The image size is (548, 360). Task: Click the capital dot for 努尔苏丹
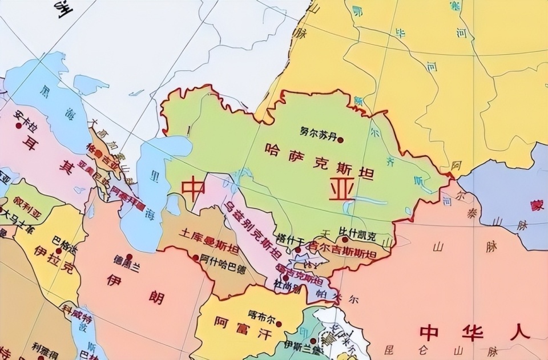click(341, 139)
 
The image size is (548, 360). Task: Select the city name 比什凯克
click(357, 236)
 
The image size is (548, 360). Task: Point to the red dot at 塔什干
click(297, 249)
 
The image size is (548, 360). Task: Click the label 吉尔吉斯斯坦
click(343, 252)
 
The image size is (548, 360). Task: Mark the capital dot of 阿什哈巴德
click(196, 258)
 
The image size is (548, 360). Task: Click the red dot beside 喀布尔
click(279, 323)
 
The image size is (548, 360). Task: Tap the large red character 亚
click(341, 189)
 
